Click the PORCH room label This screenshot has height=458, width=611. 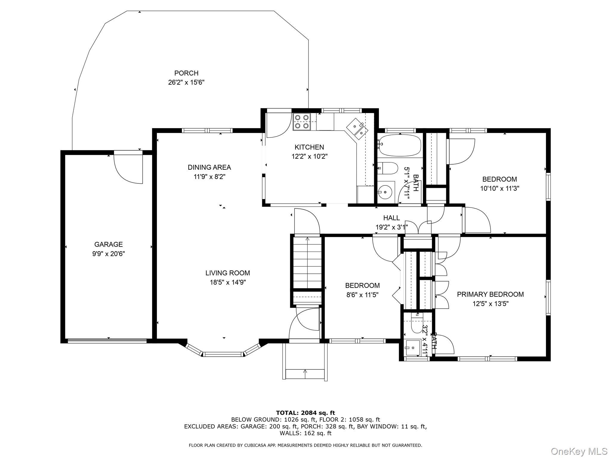point(186,73)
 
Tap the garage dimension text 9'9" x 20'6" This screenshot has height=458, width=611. point(108,254)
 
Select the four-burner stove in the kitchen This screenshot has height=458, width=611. point(302,122)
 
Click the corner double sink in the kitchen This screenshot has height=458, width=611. point(358,129)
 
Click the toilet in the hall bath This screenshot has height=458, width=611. point(388,168)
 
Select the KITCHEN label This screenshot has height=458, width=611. point(309,147)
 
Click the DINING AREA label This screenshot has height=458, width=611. point(209,167)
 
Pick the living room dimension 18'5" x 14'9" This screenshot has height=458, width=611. point(228,282)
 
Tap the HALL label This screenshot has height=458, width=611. point(391,218)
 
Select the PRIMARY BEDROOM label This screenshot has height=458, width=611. point(490,294)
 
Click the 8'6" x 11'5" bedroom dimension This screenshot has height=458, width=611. point(362,295)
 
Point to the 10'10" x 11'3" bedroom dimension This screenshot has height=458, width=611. point(499,188)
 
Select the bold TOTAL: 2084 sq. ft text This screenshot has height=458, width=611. point(305,413)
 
